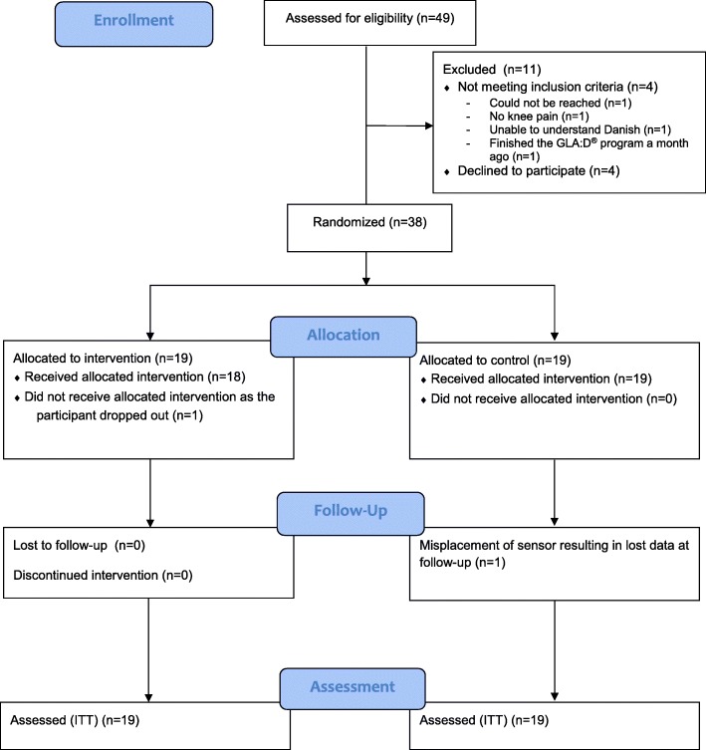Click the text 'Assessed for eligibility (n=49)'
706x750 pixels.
[369, 19]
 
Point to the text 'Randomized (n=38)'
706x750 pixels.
[369, 222]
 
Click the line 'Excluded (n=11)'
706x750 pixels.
[492, 70]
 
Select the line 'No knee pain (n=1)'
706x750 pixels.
[539, 117]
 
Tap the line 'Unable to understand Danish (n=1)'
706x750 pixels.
[580, 130]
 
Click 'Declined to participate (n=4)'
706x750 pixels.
[539, 171]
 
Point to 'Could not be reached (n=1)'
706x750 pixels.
[560, 104]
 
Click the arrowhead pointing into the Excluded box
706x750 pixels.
[429, 125]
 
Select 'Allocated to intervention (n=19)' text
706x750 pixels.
[103, 359]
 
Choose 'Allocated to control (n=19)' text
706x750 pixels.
[495, 361]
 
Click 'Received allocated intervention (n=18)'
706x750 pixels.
[134, 377]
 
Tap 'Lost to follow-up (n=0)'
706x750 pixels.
[79, 546]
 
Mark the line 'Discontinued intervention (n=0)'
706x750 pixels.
[103, 576]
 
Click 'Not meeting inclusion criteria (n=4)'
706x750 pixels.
[558, 87]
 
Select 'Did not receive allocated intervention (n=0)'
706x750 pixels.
[554, 399]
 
